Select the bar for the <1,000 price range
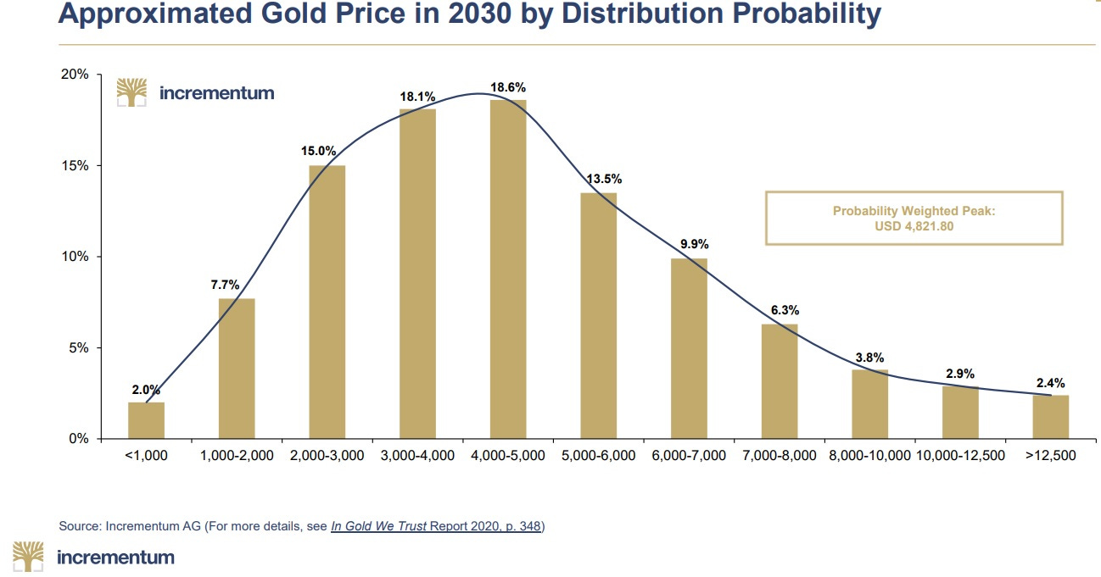146,420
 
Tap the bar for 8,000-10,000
869,404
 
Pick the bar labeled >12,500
1051,417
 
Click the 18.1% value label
417,97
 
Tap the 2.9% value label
959,374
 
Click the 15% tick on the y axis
75,165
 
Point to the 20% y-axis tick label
75,75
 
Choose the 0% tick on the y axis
79,439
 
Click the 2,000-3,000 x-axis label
327,456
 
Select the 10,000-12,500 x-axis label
960,456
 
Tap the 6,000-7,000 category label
689,456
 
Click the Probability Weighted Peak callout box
914,218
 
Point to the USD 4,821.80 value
914,226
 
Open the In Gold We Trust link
379,526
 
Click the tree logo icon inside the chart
131,92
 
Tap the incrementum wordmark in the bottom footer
115,557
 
